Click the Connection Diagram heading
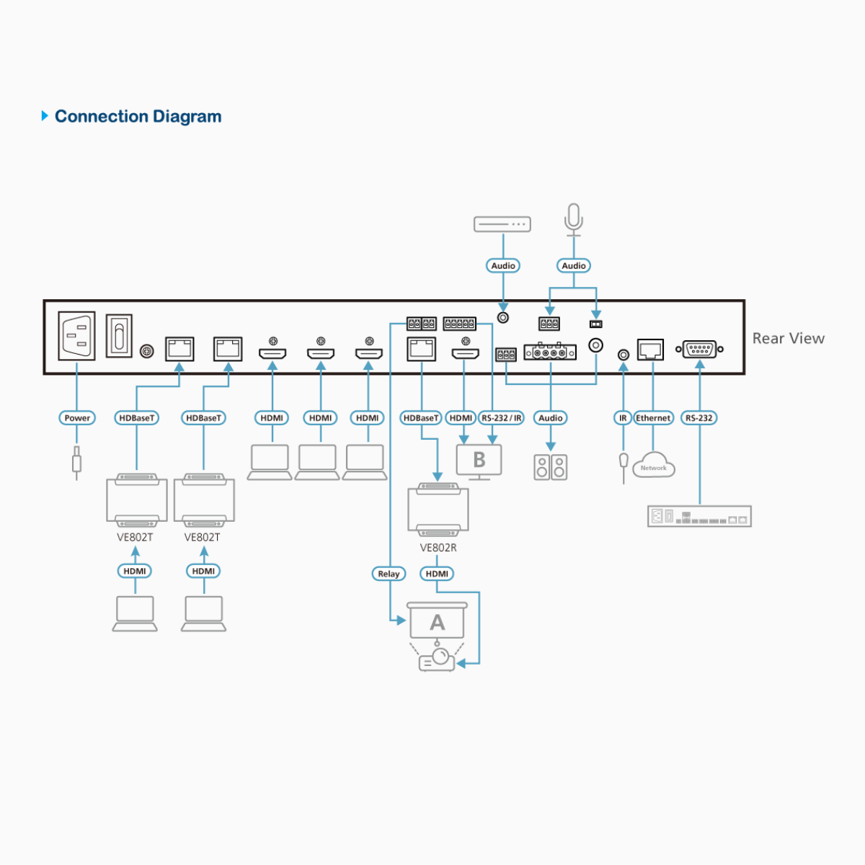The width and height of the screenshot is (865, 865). (138, 117)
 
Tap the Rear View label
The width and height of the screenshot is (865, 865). (788, 339)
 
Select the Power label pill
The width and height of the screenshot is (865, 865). (77, 418)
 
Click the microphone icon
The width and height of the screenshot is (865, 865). (574, 218)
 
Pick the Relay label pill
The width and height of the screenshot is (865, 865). (389, 574)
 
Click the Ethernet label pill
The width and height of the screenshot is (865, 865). (653, 418)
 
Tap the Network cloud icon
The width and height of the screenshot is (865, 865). (654, 466)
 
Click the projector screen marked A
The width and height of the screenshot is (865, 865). (438, 621)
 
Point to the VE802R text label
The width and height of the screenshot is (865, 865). (438, 548)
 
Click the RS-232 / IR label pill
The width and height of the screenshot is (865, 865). (502, 418)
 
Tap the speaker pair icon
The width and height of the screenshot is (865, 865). (551, 467)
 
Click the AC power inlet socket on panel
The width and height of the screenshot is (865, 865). (76, 335)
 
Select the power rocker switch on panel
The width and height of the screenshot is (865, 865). (119, 336)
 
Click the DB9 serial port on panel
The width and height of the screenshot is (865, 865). (699, 350)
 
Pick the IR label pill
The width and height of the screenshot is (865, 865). (623, 418)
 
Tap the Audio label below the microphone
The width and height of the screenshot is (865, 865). (574, 266)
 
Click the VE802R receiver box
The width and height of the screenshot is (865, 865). (438, 510)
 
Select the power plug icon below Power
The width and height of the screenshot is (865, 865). (76, 461)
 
